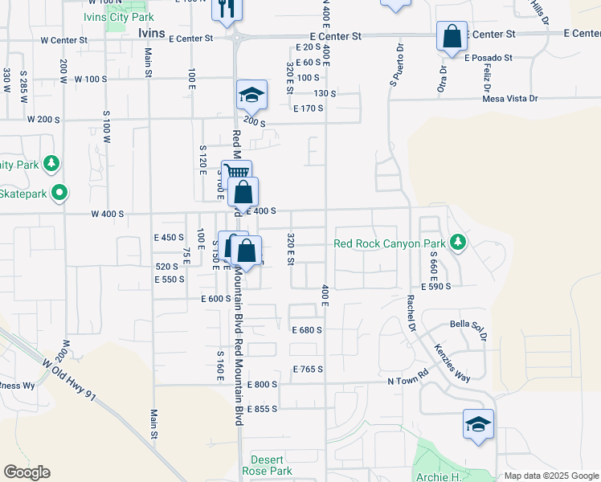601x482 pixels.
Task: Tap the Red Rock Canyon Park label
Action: coord(390,243)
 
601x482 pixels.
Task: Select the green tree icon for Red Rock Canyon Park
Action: coord(457,241)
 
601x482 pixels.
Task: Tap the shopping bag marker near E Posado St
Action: coord(452,37)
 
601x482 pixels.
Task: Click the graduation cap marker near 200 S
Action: coord(251,96)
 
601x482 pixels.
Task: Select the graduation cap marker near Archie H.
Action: coord(478,424)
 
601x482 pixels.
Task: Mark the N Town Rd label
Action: coord(408,382)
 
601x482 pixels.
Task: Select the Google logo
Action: coord(27,472)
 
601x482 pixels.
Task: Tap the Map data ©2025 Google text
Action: coord(550,476)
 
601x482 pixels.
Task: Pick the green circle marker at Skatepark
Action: coord(59,193)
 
